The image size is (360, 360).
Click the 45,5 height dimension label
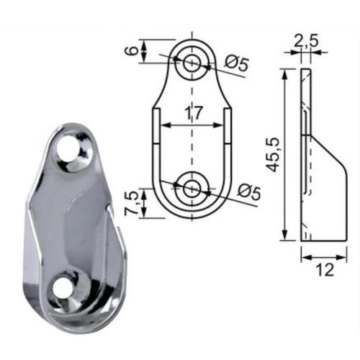[x=274, y=155]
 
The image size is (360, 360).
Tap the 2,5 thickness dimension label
[x=306, y=41]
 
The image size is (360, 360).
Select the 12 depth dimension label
[x=325, y=270]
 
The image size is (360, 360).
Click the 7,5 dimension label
[x=131, y=203]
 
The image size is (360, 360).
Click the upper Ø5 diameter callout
[x=236, y=64]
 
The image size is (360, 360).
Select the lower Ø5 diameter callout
[x=249, y=192]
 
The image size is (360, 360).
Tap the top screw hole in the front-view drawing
[x=192, y=63]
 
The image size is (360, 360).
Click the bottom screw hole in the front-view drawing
[x=192, y=189]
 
